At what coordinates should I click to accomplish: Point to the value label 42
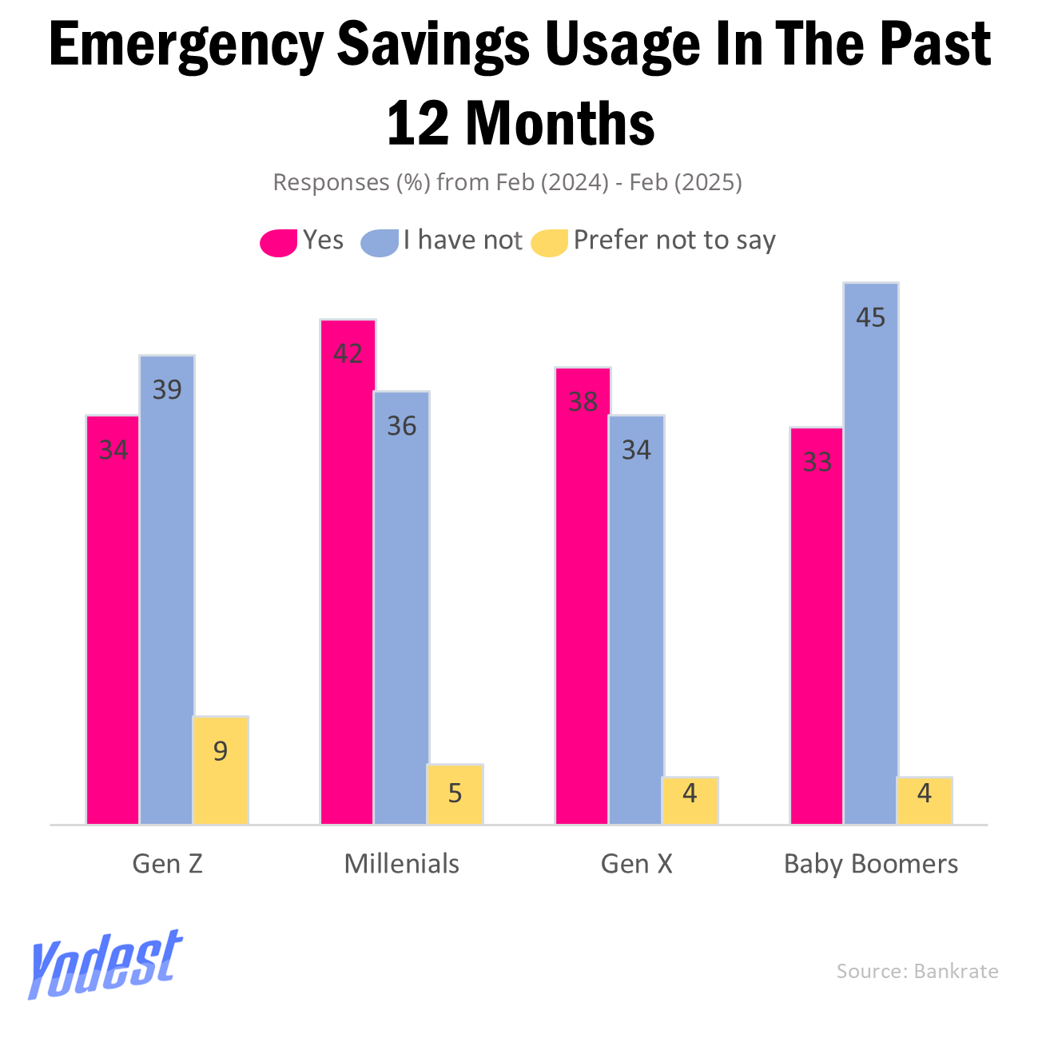point(348,353)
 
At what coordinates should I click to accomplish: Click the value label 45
point(871,318)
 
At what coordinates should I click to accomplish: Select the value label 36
point(402,426)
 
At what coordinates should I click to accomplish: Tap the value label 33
point(817,462)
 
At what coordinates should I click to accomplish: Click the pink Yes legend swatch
point(279,242)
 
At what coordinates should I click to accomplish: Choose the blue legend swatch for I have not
point(380,242)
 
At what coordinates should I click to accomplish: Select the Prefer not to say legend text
point(674,241)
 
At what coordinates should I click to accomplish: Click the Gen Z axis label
point(167,864)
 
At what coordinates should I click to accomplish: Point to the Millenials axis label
point(402,864)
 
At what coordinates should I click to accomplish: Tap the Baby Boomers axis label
point(871,864)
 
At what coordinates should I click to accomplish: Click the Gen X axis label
point(636,864)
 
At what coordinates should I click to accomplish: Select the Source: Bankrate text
point(917,971)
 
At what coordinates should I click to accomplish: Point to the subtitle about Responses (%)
point(507,182)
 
